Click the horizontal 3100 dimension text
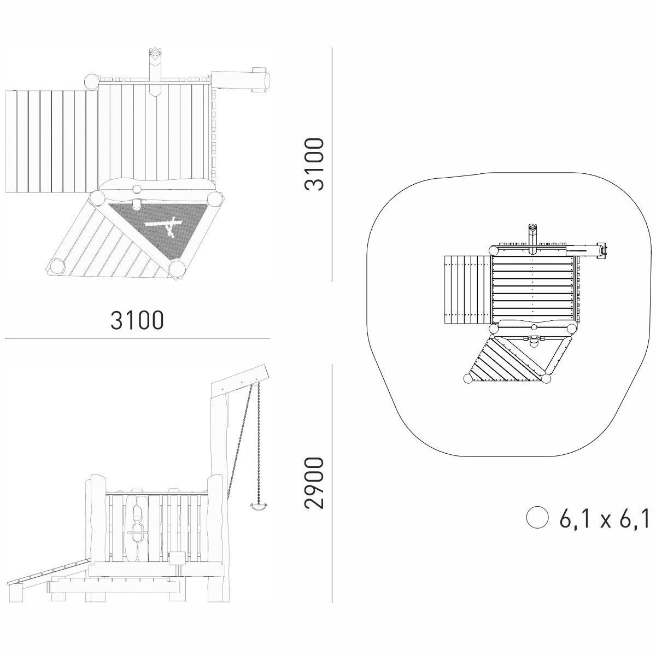(x=137, y=320)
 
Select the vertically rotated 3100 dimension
(x=314, y=164)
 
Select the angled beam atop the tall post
(x=241, y=381)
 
